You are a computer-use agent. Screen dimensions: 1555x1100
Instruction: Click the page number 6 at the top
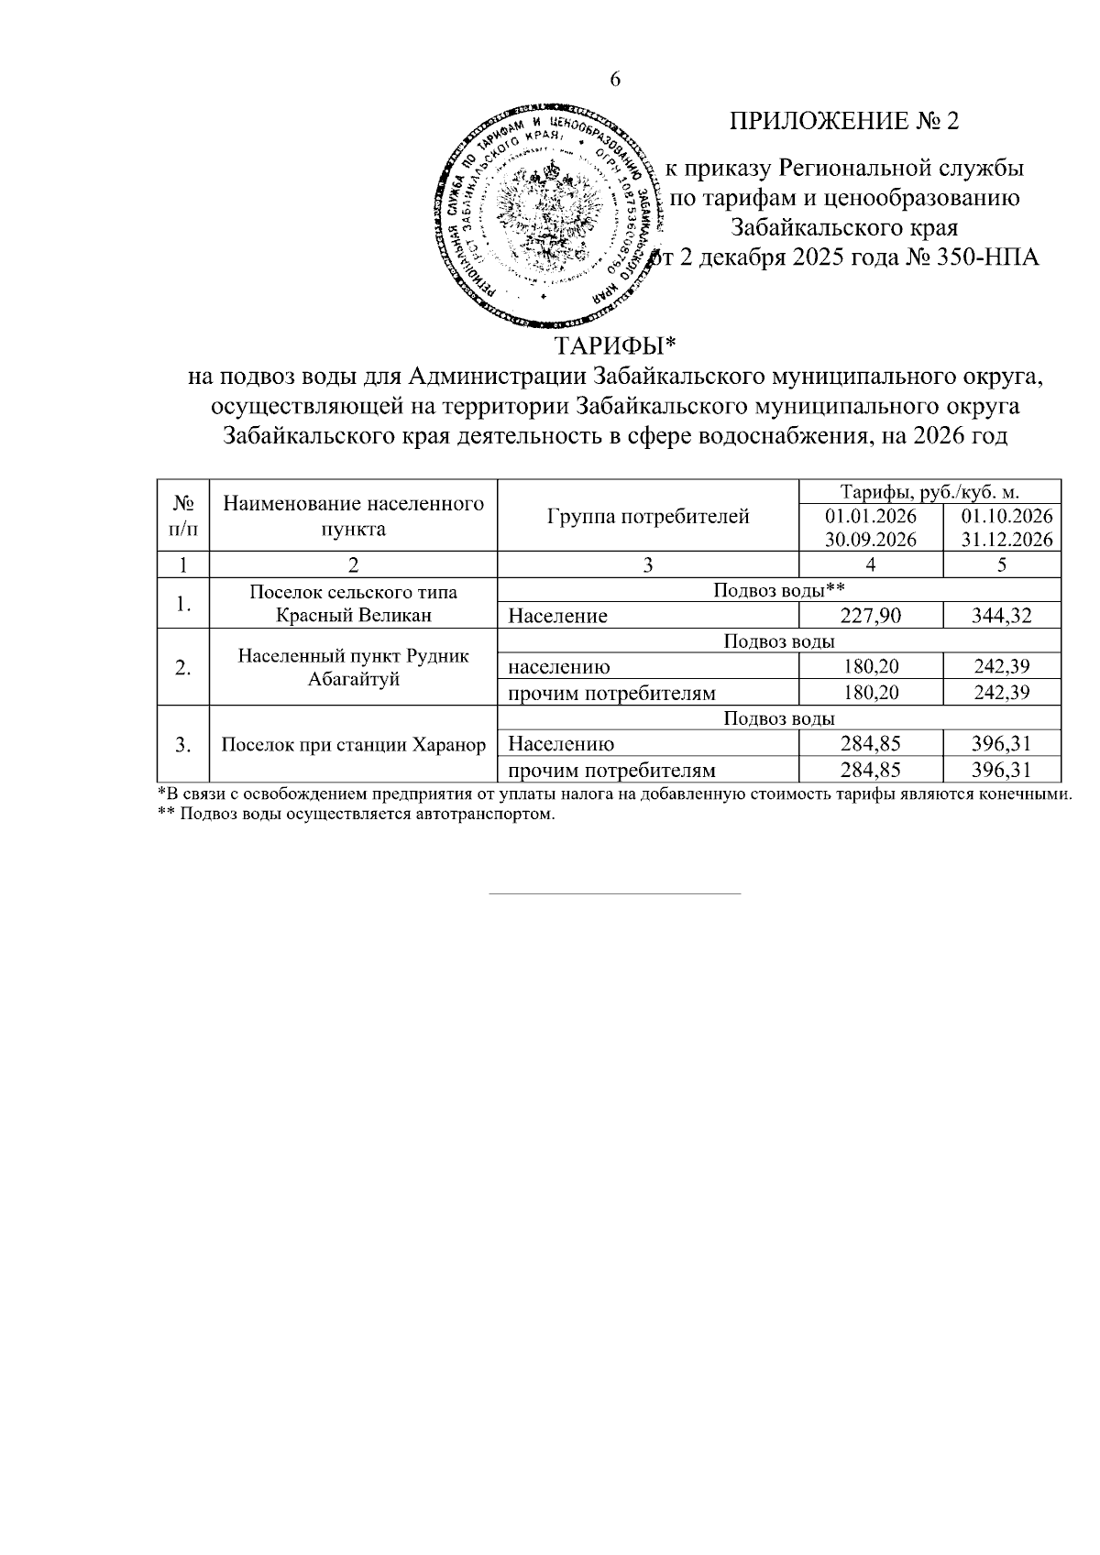tap(615, 80)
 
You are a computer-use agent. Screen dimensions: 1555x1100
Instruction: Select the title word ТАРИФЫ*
tap(615, 346)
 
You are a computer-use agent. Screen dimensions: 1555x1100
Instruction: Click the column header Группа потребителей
tap(648, 516)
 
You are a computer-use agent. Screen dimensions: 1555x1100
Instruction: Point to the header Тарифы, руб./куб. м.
tap(929, 491)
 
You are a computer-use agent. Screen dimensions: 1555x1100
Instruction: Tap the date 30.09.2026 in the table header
tap(870, 540)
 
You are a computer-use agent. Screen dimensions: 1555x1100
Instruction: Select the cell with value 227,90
tap(870, 616)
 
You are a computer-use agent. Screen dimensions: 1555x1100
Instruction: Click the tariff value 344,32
tap(1002, 616)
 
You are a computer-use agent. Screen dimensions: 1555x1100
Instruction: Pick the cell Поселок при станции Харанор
tap(354, 744)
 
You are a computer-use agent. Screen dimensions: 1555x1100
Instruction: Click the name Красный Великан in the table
tap(354, 615)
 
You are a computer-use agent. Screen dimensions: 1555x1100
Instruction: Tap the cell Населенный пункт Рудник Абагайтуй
tap(354, 667)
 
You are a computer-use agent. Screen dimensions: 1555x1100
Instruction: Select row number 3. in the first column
tap(183, 745)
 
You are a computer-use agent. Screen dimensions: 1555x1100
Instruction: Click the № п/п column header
tap(183, 516)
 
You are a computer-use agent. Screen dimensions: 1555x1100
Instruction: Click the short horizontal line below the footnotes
tap(615, 892)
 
